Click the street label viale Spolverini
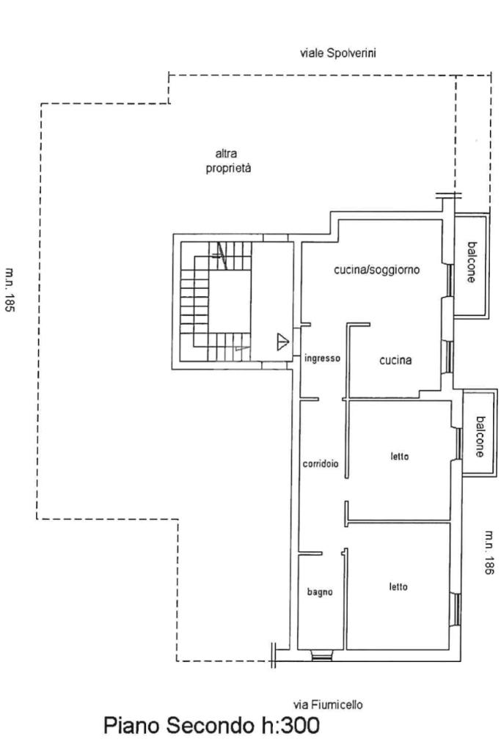click(339, 53)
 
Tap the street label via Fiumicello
click(327, 704)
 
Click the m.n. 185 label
click(10, 290)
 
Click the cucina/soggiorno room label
click(377, 270)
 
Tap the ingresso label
click(322, 359)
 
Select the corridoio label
click(321, 463)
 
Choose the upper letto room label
click(399, 457)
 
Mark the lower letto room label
click(398, 587)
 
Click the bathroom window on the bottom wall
click(321, 655)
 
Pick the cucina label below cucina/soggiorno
click(395, 360)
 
